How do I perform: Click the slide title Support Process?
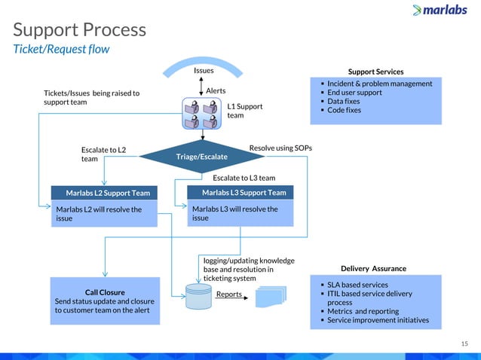point(79,30)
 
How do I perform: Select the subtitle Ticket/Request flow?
point(61,50)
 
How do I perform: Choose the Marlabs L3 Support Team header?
point(240,193)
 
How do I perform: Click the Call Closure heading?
point(105,291)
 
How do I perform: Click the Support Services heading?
point(375,72)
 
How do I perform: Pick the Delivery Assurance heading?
point(373,268)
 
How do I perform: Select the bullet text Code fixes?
point(344,110)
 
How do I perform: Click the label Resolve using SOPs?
point(280,148)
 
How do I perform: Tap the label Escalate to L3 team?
point(244,178)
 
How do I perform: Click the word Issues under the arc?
point(204,70)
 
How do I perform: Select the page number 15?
point(464,343)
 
